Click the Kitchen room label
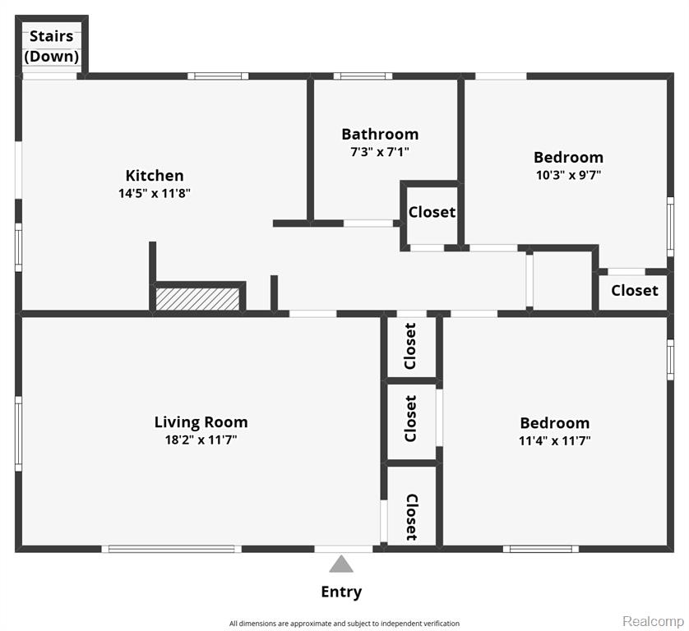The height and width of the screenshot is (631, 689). point(155,176)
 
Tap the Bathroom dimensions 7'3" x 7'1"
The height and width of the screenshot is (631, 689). point(380,152)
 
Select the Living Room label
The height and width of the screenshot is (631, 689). point(201,422)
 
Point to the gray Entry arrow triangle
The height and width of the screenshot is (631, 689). point(341,564)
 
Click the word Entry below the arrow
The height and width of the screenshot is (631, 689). point(341,592)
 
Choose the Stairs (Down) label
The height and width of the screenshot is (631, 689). point(52,46)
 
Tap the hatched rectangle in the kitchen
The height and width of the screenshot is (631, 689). point(197,299)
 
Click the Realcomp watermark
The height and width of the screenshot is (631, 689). point(653,621)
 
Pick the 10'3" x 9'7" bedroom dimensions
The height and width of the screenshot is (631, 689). point(568,175)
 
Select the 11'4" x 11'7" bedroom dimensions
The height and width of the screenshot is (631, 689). point(554,440)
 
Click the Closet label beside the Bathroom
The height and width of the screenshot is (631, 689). point(432,212)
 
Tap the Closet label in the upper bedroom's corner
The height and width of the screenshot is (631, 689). point(635,290)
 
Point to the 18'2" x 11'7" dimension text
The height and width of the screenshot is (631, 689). point(201,440)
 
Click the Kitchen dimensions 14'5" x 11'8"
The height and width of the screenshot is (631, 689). point(155,193)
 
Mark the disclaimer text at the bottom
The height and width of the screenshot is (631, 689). point(344,624)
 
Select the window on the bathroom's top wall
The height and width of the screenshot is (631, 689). point(363,76)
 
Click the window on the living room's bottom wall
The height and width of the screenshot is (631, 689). point(171,549)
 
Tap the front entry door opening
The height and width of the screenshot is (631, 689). point(344,549)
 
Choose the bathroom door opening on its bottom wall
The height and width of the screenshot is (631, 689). point(368,223)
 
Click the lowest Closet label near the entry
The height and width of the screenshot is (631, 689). point(412,518)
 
